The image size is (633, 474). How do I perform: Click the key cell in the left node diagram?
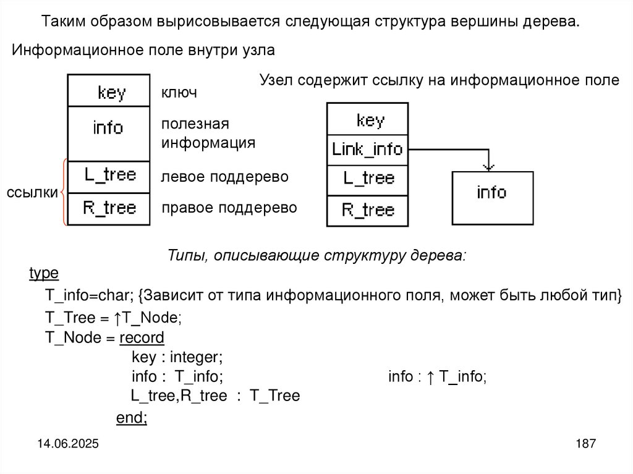coord(109,91)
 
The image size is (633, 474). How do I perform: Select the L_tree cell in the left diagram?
coord(109,176)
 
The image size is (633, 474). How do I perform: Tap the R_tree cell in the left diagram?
coord(109,208)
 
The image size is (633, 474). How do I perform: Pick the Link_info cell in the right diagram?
coord(367,149)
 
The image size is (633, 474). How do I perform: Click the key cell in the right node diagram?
coord(367,119)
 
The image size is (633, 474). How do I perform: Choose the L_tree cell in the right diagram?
coord(367,179)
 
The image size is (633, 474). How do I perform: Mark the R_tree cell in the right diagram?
coord(367,210)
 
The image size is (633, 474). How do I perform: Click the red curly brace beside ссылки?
coord(64,192)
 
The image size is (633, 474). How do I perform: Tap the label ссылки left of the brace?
coord(32,193)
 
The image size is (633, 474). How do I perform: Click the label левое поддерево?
coord(225,177)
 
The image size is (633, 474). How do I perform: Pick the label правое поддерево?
coord(229,208)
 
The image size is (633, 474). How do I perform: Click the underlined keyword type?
coord(44,273)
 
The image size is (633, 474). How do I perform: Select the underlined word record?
coord(142,337)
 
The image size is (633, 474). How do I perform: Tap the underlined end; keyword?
coord(132,418)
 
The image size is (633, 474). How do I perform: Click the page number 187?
coord(585,444)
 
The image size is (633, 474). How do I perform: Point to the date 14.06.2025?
coord(69,444)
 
